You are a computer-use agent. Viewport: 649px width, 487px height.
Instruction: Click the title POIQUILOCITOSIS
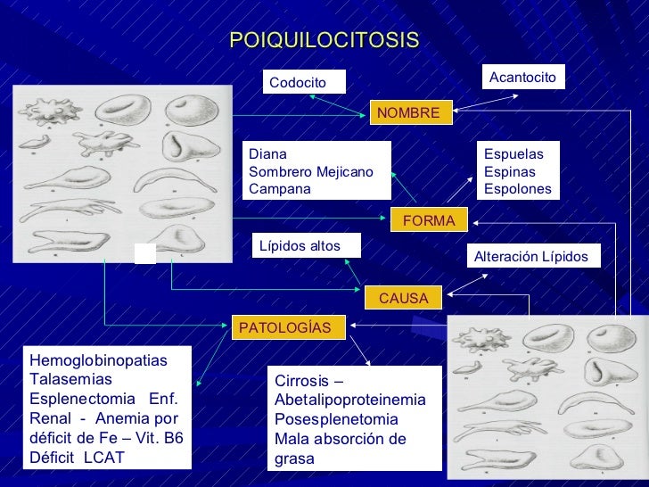(324, 40)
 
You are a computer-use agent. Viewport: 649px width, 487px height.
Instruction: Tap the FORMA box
(429, 220)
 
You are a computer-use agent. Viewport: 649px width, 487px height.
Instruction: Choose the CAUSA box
(404, 298)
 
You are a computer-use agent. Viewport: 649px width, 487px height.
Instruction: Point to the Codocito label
(298, 82)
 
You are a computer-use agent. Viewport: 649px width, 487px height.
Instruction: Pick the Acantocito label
(522, 78)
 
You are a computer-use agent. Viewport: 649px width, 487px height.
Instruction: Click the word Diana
(267, 153)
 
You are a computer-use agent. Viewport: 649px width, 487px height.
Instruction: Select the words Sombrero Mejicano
(311, 171)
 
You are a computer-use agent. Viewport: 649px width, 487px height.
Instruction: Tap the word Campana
(280, 189)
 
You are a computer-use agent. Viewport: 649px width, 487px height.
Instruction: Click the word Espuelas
(513, 153)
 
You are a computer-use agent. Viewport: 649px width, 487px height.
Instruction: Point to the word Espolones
(517, 189)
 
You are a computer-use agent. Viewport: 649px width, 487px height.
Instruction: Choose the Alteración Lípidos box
(530, 257)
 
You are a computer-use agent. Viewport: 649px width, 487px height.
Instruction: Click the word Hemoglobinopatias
(98, 359)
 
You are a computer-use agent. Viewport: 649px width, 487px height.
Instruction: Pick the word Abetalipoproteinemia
(350, 400)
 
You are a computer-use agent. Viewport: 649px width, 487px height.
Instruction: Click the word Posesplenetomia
(337, 419)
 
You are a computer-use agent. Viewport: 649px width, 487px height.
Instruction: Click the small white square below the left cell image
(144, 252)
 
